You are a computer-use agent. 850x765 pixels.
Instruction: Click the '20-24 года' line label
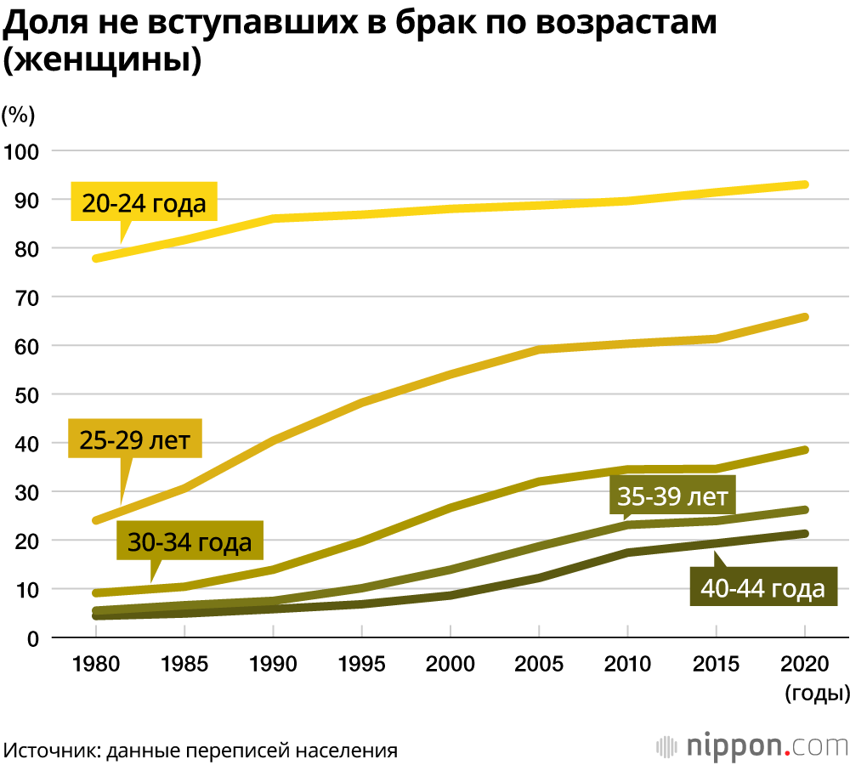click(x=144, y=203)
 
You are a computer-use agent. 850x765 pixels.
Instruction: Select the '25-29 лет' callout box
click(x=134, y=439)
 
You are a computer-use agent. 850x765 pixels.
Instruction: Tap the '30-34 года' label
click(x=190, y=541)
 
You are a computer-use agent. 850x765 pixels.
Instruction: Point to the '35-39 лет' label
click(x=672, y=496)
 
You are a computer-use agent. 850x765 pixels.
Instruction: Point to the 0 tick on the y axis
click(x=34, y=638)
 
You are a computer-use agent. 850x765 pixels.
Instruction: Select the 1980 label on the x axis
click(x=96, y=664)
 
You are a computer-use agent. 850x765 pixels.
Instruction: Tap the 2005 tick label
click(x=539, y=664)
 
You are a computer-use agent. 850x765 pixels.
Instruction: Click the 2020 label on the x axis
click(x=805, y=664)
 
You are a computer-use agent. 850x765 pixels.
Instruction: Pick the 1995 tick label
click(x=362, y=664)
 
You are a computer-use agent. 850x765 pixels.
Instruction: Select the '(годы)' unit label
click(x=817, y=694)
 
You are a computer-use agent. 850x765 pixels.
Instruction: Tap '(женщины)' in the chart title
click(x=102, y=61)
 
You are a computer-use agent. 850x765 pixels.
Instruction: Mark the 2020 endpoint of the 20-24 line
click(x=805, y=184)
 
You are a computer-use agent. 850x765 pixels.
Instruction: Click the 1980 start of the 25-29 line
click(x=96, y=520)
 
